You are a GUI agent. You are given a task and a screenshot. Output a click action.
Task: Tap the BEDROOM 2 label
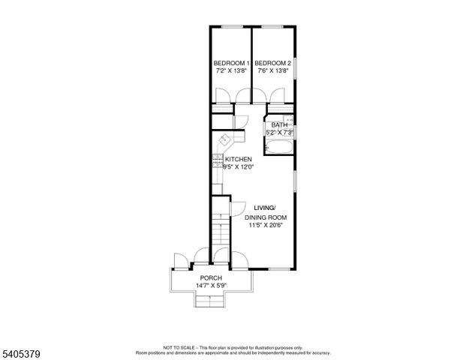pyautogui.click(x=272, y=62)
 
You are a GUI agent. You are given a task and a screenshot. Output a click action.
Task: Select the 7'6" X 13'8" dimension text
pyautogui.click(x=272, y=71)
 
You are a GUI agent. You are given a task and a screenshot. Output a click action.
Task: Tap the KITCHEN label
pyautogui.click(x=239, y=159)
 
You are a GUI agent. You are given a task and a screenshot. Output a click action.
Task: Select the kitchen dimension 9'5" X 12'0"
pyautogui.click(x=239, y=168)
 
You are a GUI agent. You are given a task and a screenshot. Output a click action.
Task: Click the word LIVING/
pyautogui.click(x=265, y=208)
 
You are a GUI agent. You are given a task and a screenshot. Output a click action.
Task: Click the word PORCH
pyautogui.click(x=210, y=277)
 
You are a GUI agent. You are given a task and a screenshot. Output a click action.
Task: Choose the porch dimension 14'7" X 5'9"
pyautogui.click(x=210, y=286)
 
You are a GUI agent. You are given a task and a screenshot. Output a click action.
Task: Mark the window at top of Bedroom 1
pyautogui.click(x=230, y=27)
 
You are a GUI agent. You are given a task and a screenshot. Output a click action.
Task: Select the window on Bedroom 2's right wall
pyautogui.click(x=295, y=67)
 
